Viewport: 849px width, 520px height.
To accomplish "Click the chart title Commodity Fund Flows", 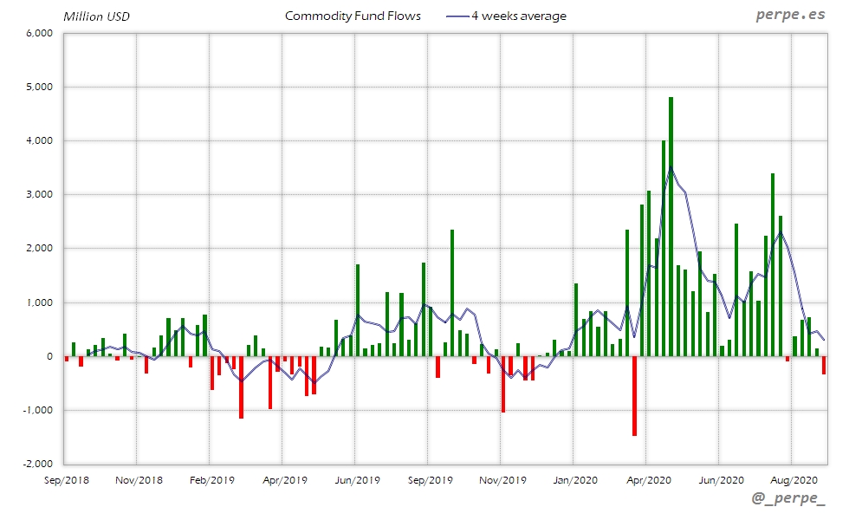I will pos(353,16).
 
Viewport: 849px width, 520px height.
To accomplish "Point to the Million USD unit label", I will pos(96,16).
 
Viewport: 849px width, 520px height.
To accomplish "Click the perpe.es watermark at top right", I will pos(791,15).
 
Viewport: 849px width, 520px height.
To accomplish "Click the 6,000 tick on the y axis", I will pos(40,33).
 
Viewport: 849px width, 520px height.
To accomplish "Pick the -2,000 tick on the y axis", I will pos(38,464).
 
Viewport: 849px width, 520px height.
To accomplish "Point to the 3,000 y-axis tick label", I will pos(40,195).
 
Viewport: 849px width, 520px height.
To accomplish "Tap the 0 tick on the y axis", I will pos(50,356).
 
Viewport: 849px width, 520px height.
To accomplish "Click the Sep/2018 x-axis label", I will pos(66,479).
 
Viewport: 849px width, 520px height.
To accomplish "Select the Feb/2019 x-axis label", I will pos(211,479).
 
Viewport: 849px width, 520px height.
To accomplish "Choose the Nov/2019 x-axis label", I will pos(502,479).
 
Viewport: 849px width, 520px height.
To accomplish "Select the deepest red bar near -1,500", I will pos(634,396).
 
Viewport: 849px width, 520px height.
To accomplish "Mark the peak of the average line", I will pos(671,167).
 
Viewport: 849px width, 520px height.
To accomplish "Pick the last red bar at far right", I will pos(824,365).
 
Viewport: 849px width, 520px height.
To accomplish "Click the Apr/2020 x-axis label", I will pos(648,479).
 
